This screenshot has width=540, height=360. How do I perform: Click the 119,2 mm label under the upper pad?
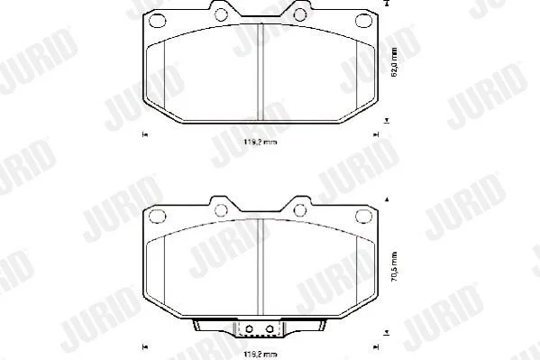(260, 142)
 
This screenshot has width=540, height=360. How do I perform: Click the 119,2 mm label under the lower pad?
(260, 354)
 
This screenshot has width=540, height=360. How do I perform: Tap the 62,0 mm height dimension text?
(395, 62)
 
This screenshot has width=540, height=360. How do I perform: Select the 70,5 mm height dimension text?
(395, 266)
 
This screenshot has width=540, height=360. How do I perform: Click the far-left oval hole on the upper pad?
(158, 21)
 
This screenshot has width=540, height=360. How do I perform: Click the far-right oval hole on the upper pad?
(363, 21)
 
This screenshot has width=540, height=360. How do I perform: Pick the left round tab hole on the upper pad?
(221, 14)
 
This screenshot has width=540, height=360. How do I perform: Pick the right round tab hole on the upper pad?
(300, 14)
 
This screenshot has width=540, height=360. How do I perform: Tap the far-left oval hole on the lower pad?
(158, 217)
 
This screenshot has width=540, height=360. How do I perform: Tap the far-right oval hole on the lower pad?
(363, 217)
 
